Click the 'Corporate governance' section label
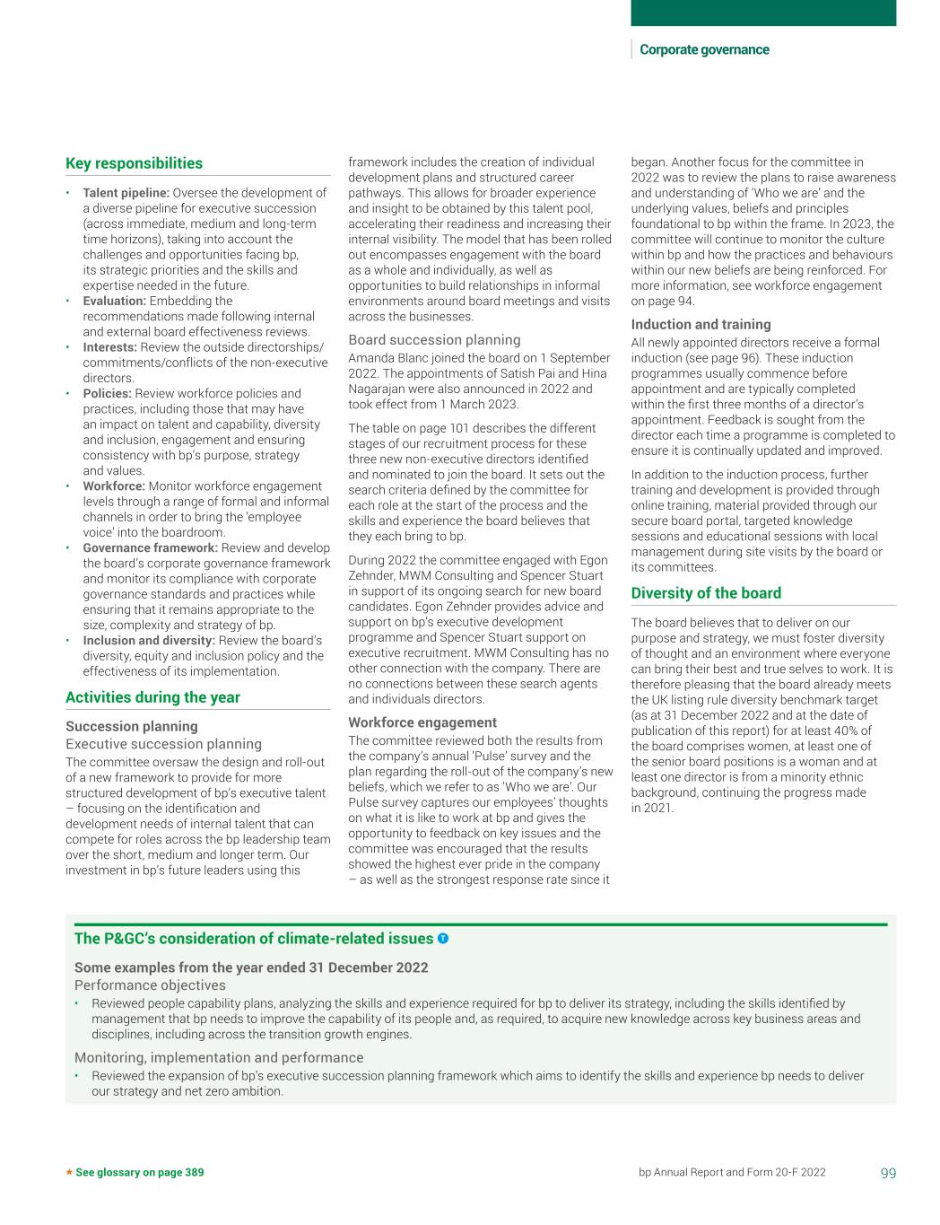(704, 50)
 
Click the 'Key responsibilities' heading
(134, 163)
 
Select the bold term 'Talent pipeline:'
(126, 193)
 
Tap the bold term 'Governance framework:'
(150, 547)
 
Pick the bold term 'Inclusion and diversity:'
(149, 641)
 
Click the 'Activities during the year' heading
(152, 697)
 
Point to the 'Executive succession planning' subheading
(163, 744)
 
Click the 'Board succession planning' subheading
(434, 340)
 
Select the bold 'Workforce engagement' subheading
(422, 722)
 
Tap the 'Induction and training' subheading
(701, 325)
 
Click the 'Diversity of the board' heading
(706, 593)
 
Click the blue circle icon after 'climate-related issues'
(443, 939)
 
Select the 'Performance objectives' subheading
(150, 985)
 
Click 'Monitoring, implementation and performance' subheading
(219, 1058)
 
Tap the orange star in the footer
(69, 1172)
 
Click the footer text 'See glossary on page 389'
(140, 1172)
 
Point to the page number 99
(888, 1172)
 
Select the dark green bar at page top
(763, 13)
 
